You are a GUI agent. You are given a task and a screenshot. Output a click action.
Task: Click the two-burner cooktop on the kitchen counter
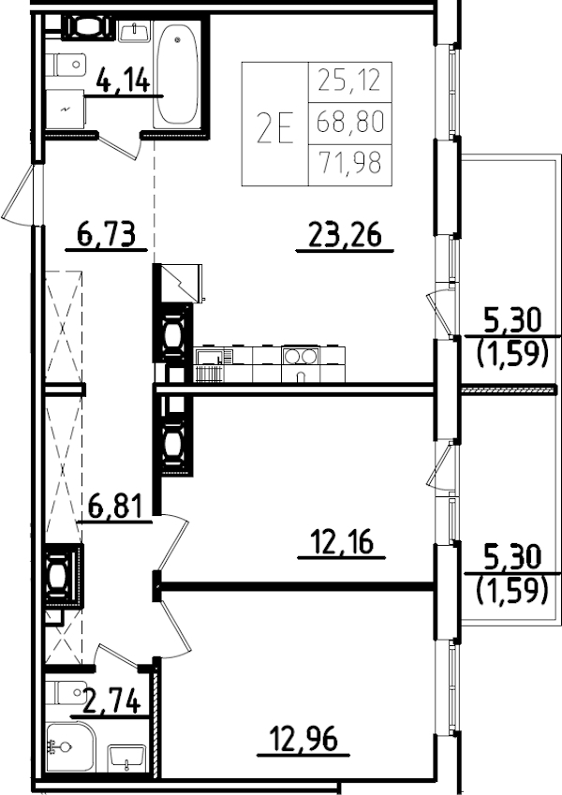(x=301, y=356)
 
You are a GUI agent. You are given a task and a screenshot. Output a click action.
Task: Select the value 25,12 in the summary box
(x=350, y=81)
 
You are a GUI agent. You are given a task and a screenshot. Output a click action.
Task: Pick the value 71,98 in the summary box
(x=350, y=166)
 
